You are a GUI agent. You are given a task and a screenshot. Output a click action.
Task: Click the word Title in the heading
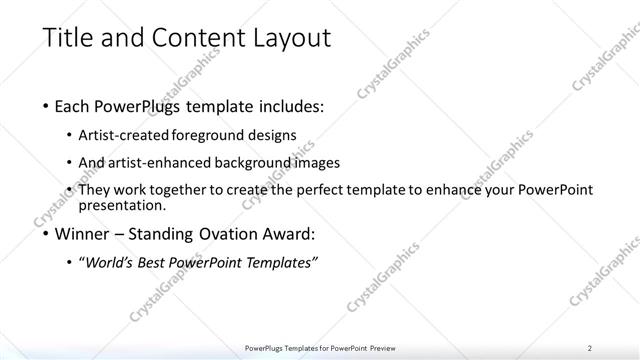pos(67,39)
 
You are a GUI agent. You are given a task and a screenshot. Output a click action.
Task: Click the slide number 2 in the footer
pos(590,347)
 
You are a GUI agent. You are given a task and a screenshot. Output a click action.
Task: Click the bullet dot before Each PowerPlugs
pos(47,104)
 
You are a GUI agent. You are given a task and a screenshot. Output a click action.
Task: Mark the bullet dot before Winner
pos(47,236)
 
